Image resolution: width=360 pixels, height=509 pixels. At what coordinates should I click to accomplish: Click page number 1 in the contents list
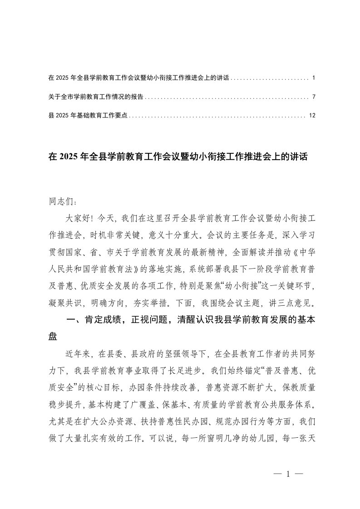(314, 78)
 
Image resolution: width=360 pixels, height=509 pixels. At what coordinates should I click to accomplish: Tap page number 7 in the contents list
(314, 97)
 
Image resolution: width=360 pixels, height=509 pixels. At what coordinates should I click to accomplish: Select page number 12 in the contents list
(311, 115)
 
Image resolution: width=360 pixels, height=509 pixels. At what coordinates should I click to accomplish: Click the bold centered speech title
(178, 157)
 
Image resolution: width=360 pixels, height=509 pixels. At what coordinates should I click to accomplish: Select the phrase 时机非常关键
(112, 235)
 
